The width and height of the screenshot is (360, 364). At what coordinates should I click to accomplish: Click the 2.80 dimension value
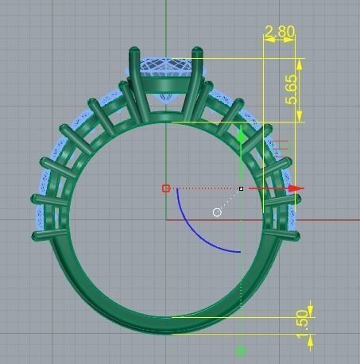coord(279,33)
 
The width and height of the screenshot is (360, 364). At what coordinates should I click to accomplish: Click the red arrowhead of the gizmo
coord(296,189)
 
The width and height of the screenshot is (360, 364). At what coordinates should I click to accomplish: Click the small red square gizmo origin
coord(166,188)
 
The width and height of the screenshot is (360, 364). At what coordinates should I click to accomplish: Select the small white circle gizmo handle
coord(217,212)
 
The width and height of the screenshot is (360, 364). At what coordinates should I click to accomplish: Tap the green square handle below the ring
coord(241,350)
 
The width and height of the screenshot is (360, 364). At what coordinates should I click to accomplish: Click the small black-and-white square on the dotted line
coord(241,188)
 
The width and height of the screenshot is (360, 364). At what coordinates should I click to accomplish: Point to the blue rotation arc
coord(188,230)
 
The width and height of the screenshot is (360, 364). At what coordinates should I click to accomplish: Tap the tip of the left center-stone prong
coord(134,52)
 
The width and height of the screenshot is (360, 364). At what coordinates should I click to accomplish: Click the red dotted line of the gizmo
coord(203,188)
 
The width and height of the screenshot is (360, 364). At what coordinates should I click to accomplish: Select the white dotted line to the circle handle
coord(229,200)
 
